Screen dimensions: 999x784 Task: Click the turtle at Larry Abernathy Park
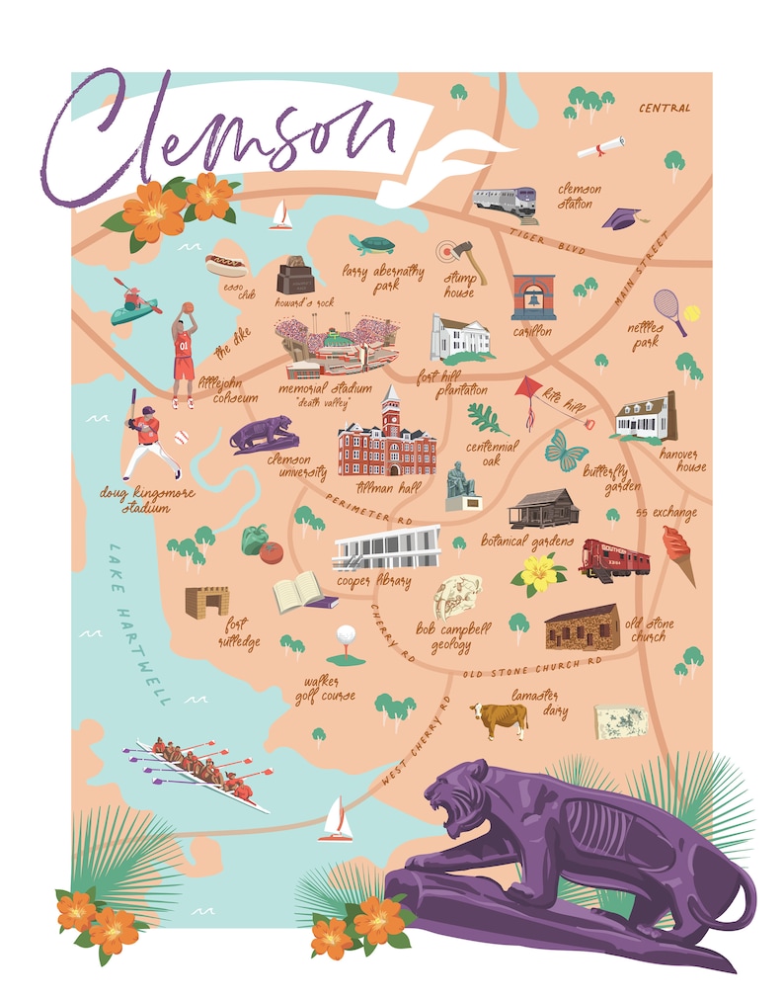[x=371, y=244]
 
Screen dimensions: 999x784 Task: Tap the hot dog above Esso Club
[x=225, y=265]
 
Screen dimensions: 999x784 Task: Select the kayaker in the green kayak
[x=134, y=303]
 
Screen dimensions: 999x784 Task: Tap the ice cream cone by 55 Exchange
[x=677, y=551]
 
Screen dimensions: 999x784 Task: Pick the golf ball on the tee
[x=346, y=634]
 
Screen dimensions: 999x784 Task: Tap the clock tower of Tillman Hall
[x=392, y=409]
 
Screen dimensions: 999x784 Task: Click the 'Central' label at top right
[x=665, y=108]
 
